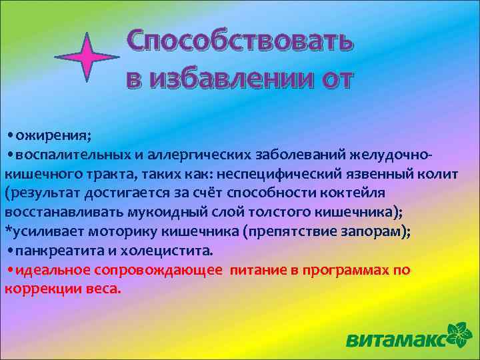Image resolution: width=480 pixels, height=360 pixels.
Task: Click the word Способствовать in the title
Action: tap(239, 43)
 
